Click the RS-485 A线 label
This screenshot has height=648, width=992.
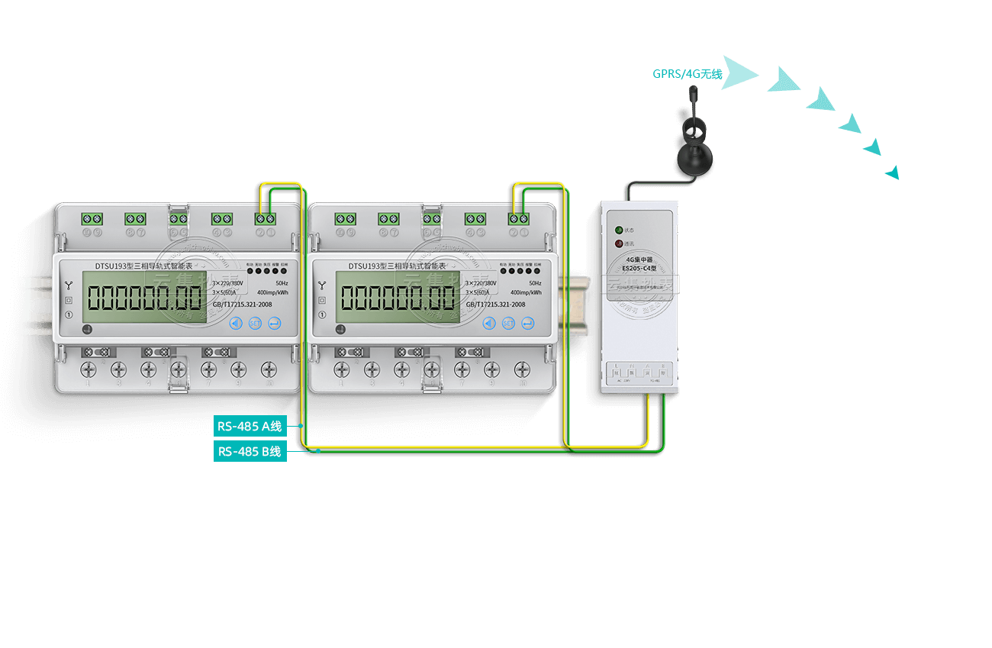(x=250, y=426)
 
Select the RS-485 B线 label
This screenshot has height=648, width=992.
(x=250, y=451)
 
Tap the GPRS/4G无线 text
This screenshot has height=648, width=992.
(x=687, y=74)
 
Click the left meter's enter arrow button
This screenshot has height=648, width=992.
(x=274, y=323)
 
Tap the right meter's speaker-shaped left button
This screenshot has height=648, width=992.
(x=489, y=323)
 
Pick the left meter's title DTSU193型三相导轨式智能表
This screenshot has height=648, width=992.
(x=143, y=266)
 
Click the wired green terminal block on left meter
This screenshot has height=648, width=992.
(x=266, y=219)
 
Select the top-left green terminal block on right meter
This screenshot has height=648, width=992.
(x=345, y=219)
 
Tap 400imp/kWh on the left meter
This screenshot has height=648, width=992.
(x=272, y=292)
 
